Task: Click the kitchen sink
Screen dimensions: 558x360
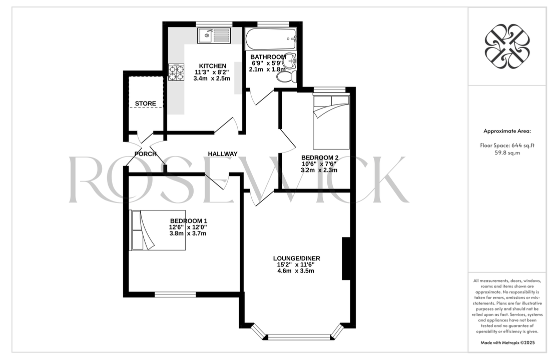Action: (214, 35)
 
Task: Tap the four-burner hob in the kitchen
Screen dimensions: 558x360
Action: (177, 72)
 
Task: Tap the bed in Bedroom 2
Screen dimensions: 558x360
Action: (331, 122)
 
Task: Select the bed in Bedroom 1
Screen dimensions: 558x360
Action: (158, 230)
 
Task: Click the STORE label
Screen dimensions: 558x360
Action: (146, 103)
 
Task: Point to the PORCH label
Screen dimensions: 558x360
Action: (146, 154)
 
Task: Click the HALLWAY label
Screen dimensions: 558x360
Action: (223, 154)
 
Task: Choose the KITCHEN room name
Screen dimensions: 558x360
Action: (213, 66)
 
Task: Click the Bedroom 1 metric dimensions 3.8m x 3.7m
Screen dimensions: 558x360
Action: (188, 233)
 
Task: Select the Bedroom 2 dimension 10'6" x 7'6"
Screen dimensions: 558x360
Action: (319, 164)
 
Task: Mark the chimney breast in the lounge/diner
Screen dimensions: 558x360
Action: (346, 258)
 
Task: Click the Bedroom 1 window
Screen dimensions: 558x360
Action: (175, 294)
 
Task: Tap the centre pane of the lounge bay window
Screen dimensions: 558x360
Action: (299, 336)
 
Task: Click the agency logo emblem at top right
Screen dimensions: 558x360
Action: (507, 46)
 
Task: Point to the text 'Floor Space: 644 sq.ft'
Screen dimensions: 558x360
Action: (507, 145)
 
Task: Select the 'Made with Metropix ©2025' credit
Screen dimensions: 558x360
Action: (507, 343)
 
